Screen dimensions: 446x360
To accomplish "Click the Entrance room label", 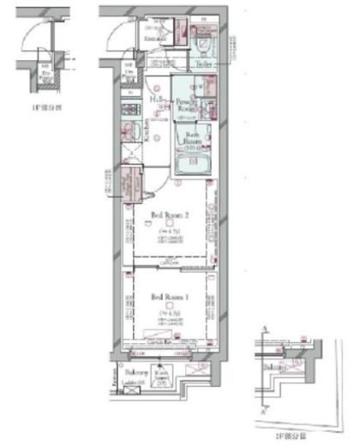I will point(155,39).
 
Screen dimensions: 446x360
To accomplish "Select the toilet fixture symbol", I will point(206,39).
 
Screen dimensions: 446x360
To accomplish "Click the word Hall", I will point(157,99).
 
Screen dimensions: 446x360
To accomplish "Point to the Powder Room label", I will point(187,105).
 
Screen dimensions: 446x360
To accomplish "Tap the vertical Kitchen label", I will point(146,129).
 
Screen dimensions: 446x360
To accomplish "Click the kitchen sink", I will point(129,133).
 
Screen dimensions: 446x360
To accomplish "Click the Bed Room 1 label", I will point(167,297).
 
